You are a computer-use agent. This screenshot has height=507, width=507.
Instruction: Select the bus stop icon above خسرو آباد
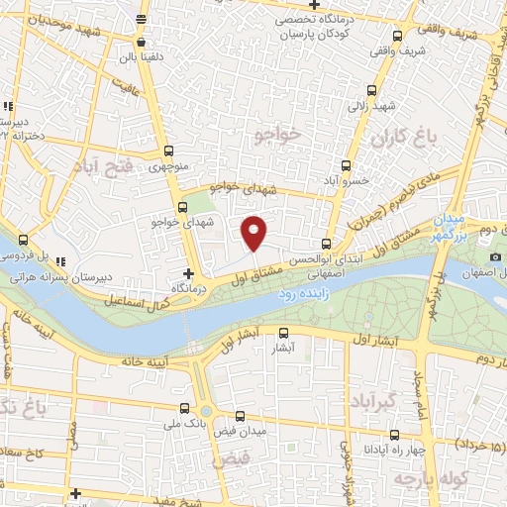pyautogui.click(x=346, y=165)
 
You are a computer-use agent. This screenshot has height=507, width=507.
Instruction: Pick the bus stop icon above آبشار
pyautogui.click(x=284, y=334)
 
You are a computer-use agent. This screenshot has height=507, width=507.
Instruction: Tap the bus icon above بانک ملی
pyautogui.click(x=185, y=407)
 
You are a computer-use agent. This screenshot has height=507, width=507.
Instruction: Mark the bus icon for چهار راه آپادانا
pyautogui.click(x=394, y=434)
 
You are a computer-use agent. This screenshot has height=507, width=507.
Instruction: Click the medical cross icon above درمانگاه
pyautogui.click(x=189, y=271)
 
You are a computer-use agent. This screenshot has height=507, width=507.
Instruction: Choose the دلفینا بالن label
pyautogui.click(x=140, y=56)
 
